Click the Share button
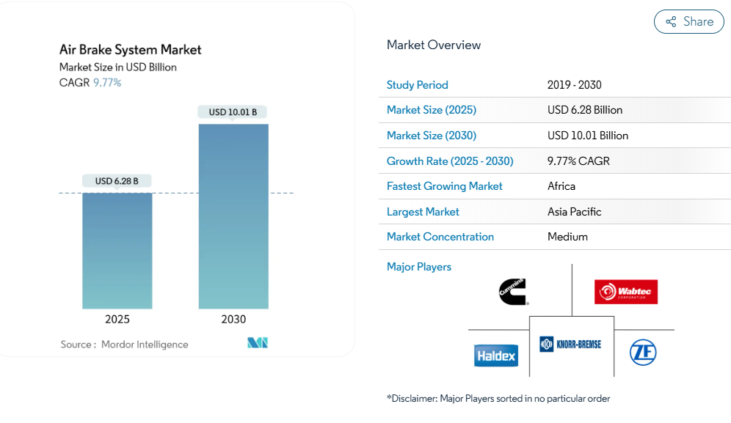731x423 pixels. pos(688,22)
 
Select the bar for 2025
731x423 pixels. pos(117,250)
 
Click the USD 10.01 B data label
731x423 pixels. pos(233,112)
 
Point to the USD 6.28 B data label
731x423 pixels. pos(117,181)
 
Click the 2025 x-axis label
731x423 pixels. pos(117,320)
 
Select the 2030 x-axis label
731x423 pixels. pos(233,320)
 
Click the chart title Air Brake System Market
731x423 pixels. pos(130,50)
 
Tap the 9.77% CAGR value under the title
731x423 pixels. pos(107,83)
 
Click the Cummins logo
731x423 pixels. pos(513,292)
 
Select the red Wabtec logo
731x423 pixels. pos(626,292)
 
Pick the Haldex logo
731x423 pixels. pos(496,356)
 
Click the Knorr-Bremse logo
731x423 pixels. pos(570,343)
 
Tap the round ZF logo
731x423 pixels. pos(643,353)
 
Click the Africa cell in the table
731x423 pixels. pos(561,186)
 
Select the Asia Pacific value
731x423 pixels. pos(574,212)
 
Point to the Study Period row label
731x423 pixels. pos(417,85)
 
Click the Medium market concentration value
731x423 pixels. pos(567,237)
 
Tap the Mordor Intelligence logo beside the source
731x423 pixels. pos(258,343)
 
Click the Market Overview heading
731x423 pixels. pos(434,45)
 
